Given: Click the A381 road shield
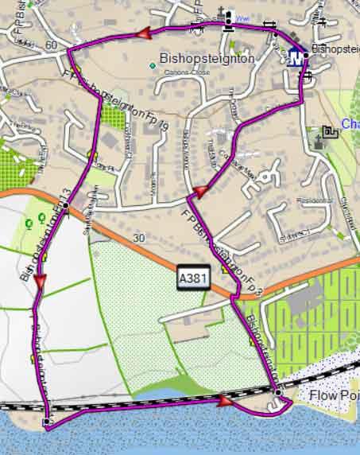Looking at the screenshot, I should tap(188, 278).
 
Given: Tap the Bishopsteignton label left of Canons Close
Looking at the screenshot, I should tap(207, 58).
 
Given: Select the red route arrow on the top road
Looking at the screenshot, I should tap(144, 33).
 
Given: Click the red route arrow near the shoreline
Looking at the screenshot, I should tap(226, 402).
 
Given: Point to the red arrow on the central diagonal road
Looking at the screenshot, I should tap(201, 191).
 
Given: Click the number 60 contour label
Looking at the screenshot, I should tap(51, 45).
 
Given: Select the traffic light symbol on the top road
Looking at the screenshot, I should tap(229, 18).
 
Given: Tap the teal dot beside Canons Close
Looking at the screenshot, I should tap(153, 65).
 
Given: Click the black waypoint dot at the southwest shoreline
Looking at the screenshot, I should tap(46, 421).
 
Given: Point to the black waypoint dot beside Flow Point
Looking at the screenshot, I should tap(277, 393).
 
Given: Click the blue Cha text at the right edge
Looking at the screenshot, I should tap(350, 124).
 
